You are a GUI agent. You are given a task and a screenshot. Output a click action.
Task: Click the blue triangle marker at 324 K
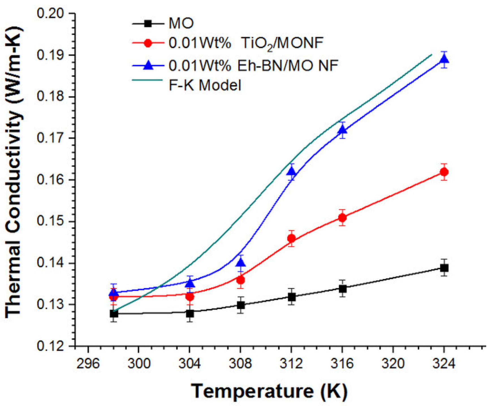tap(444, 59)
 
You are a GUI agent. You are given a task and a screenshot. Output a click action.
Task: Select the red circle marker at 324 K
tap(444, 172)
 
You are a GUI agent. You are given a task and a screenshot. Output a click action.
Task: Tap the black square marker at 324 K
tap(444, 268)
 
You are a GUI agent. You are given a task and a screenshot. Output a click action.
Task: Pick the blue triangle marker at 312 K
tap(292, 172)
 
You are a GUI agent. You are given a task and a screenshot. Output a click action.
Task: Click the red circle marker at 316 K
tap(342, 218)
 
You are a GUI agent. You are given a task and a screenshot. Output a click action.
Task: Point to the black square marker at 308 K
tap(241, 305)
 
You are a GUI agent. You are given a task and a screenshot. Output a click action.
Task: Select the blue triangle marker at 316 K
tap(342, 130)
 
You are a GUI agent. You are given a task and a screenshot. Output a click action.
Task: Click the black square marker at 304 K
tap(190, 313)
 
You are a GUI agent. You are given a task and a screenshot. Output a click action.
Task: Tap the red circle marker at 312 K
tap(292, 238)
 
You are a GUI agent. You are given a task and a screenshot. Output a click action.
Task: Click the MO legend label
tap(181, 23)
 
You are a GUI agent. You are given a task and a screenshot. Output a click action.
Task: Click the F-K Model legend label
tap(205, 85)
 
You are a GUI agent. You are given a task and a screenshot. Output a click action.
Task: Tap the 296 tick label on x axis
tap(88, 363)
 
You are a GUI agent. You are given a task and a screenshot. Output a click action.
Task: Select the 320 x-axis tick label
tap(393, 363)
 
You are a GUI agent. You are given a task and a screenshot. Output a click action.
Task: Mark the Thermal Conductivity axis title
tap(14, 172)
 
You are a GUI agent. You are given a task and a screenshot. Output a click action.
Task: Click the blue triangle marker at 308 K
tap(241, 263)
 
